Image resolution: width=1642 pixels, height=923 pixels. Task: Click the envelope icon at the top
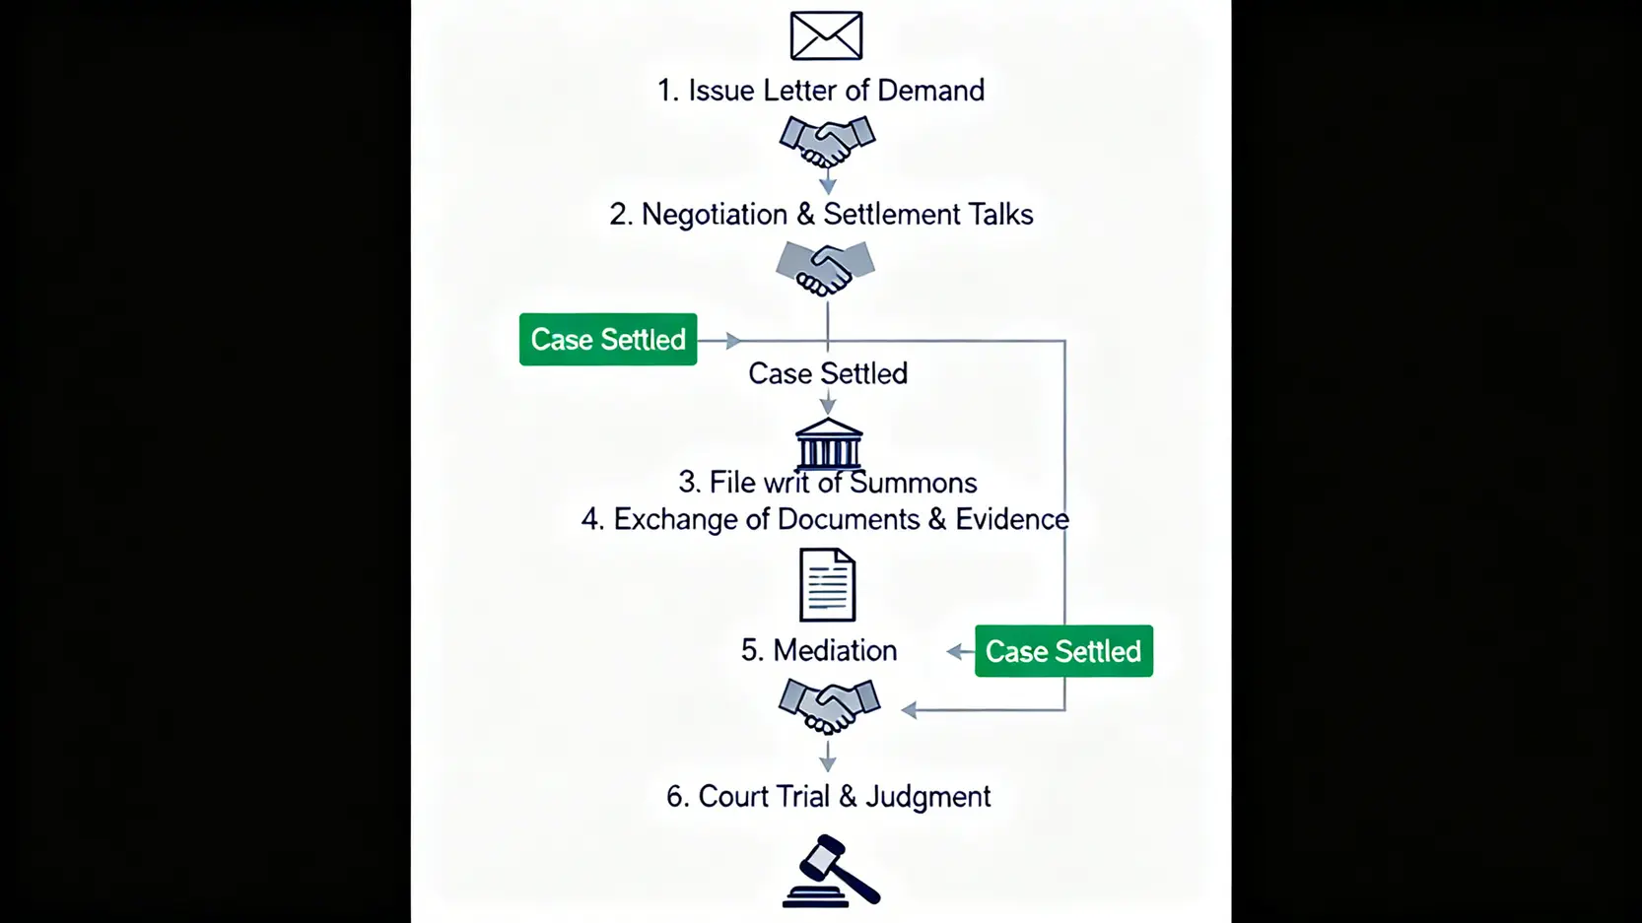(x=826, y=35)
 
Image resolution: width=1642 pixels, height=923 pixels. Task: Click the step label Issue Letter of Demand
(x=821, y=91)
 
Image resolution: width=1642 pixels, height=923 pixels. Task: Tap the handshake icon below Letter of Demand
(x=827, y=141)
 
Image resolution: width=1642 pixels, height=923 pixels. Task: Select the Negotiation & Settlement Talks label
(x=821, y=215)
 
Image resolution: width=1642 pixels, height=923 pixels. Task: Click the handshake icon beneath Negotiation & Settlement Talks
(x=825, y=268)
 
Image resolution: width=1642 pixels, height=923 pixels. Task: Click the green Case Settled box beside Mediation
(x=1063, y=651)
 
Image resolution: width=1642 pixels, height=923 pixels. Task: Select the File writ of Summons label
(x=828, y=483)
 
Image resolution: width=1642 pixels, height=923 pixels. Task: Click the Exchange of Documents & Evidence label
(x=825, y=519)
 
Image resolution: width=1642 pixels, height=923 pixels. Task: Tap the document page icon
(x=827, y=585)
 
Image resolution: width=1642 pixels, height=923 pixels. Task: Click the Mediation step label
(x=819, y=650)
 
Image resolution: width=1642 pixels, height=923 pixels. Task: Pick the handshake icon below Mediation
(x=829, y=706)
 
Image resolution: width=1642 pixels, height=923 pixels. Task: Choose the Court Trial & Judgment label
(x=828, y=796)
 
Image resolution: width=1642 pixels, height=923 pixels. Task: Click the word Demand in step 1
(x=930, y=91)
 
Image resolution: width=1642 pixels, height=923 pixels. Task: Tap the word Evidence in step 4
(x=1011, y=519)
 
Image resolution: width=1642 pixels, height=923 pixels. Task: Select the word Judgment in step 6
(x=927, y=796)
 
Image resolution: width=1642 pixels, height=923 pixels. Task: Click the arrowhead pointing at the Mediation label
(x=954, y=651)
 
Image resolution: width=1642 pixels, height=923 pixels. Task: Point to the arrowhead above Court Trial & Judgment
(x=828, y=763)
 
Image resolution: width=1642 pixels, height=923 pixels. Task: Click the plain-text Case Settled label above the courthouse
(x=828, y=373)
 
